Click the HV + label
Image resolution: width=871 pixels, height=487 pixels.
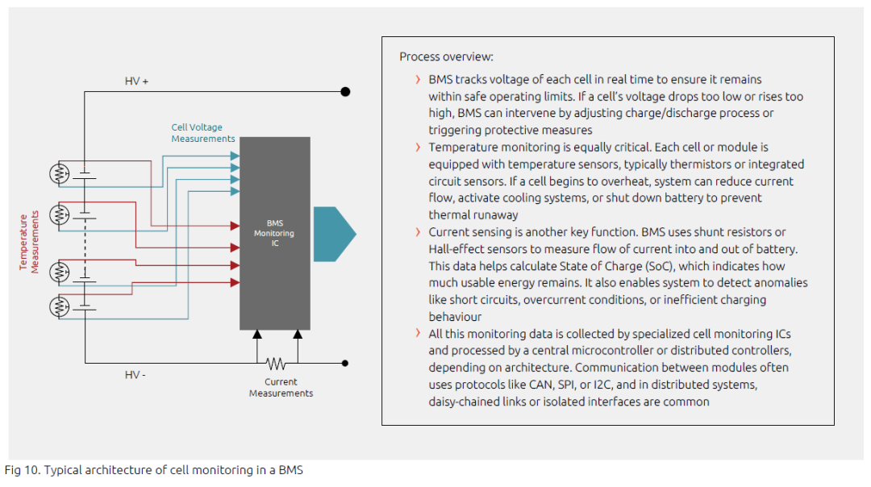136,81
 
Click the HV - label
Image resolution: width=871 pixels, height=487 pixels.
135,375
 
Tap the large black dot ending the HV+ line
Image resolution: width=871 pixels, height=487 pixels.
345,92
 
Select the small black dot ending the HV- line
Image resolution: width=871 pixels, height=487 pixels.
345,363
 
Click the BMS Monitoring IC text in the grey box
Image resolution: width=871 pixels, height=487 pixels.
274,233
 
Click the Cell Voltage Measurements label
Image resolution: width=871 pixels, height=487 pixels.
202,133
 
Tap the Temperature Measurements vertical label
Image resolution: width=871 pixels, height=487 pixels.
29,242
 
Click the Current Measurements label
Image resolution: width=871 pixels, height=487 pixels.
281,388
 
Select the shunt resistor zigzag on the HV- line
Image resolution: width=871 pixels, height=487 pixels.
276,364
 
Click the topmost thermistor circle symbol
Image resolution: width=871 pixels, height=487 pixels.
60,174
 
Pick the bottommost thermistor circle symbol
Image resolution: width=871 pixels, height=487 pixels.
60,306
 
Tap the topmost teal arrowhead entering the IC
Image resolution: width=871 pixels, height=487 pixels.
235,156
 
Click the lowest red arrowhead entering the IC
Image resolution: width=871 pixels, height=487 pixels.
235,283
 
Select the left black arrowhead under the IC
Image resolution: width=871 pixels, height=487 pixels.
257,335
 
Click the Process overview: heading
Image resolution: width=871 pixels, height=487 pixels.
446,56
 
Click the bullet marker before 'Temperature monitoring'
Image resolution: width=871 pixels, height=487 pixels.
418,148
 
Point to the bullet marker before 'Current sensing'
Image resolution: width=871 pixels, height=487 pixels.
418,232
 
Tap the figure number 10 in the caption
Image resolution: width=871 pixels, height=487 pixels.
32,470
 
